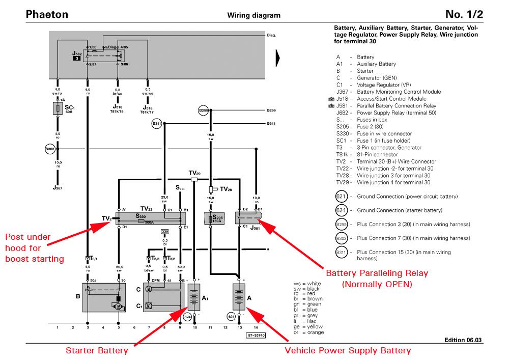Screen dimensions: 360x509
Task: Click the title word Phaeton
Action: pyautogui.click(x=47, y=14)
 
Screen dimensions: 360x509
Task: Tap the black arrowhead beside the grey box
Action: pyautogui.click(x=278, y=57)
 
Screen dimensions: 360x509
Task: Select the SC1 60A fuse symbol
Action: pyautogui.click(x=58, y=108)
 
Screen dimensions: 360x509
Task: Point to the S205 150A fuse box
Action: pyautogui.click(x=214, y=219)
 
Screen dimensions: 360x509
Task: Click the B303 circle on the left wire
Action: pyautogui.click(x=49, y=149)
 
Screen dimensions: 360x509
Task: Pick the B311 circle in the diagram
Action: pyautogui.click(x=156, y=124)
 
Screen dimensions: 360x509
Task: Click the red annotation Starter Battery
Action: pyautogui.click(x=97, y=350)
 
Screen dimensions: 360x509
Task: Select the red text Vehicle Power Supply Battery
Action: pyautogui.click(x=348, y=350)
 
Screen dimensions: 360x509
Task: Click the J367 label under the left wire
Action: pyautogui.click(x=58, y=187)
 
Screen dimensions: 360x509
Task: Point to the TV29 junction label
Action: pyautogui.click(x=194, y=173)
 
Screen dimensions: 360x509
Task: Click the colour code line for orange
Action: pyautogui.click(x=308, y=333)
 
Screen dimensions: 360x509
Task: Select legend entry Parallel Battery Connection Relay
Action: pyautogui.click(x=396, y=106)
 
